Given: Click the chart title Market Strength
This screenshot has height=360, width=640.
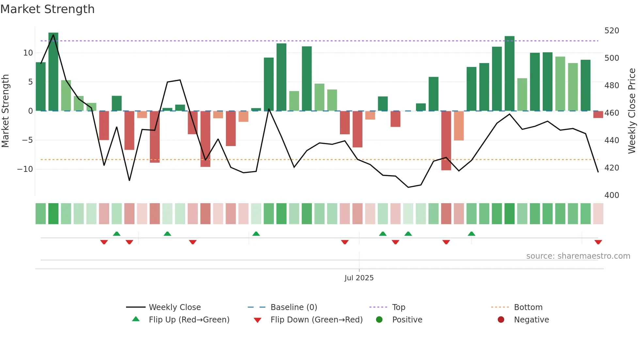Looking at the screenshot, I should tap(47, 9).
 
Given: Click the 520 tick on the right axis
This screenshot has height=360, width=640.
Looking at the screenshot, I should tap(612, 31).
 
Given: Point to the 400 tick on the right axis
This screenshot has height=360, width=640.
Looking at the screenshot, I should tap(612, 195).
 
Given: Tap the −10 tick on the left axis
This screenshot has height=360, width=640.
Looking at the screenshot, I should tap(25, 169).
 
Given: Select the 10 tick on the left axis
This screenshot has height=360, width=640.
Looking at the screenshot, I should tap(28, 53).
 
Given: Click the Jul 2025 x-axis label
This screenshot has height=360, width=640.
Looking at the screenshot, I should tap(359, 278).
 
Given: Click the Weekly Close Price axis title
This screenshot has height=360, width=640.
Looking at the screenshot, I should tap(632, 111).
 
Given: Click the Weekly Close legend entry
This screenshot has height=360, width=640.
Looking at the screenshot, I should tap(174, 307).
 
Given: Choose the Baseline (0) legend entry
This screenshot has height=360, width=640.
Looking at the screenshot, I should tap(294, 307).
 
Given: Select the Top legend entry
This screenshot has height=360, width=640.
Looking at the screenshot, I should tap(398, 307).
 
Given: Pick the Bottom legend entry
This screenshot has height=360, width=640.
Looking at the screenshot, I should tap(528, 307).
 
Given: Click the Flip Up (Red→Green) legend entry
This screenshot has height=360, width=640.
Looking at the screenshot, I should tap(189, 320).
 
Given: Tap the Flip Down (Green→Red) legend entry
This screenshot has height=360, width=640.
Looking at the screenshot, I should tap(316, 320).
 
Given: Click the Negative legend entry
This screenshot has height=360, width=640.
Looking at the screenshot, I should tap(531, 320).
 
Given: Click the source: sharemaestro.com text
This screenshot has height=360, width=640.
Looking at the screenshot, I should tap(578, 256).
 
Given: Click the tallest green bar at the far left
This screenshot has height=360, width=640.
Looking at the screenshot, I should tap(53, 72).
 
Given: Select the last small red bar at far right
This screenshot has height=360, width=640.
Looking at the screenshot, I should tap(598, 115).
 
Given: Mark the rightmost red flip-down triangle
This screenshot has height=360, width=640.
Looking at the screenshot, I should tap(598, 242).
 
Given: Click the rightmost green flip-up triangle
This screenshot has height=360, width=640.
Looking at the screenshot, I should tap(471, 234).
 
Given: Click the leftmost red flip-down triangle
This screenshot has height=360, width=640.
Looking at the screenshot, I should tap(104, 242).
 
